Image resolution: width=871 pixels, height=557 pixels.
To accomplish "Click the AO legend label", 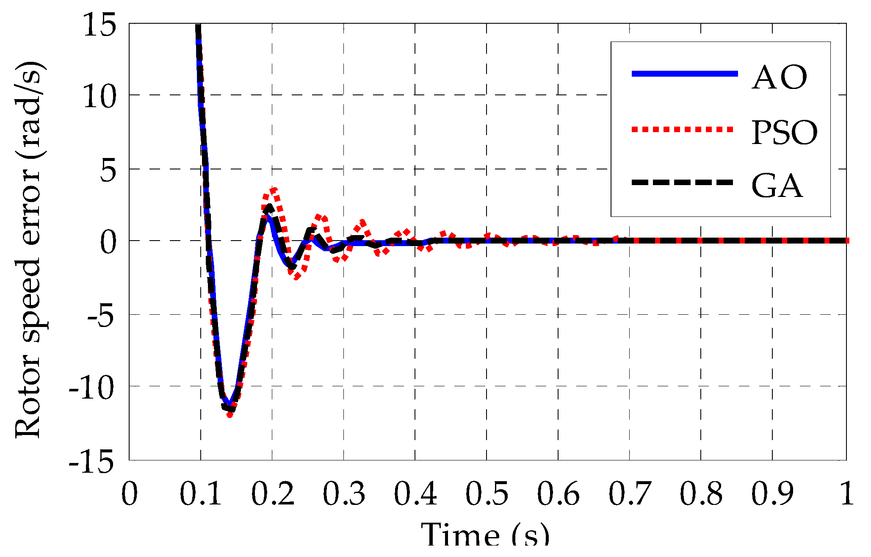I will pos(780,78).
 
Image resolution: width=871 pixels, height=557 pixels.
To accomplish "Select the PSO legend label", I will pos(784,133).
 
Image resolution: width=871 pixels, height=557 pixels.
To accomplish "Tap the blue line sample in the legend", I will pos(685,74).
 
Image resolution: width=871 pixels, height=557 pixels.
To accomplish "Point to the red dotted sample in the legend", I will pos(682,129).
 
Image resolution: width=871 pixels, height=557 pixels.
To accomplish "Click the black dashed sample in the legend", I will pos(682,182).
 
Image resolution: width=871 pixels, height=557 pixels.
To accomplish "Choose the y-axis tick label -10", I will pos(92,388).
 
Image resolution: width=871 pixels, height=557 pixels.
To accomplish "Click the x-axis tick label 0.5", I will pos(487,494).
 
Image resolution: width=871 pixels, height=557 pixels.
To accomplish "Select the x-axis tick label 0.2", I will pos(273,494).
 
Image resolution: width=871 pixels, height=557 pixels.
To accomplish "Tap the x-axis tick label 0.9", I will pos(773,494).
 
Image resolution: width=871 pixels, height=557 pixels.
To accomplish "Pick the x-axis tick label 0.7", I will pos(630,494).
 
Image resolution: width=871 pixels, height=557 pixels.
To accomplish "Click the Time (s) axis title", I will pos(485,536).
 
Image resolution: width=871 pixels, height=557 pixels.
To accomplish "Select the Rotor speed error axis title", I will pos(29,250).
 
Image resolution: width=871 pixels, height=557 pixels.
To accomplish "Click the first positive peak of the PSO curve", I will pos(273,189).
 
